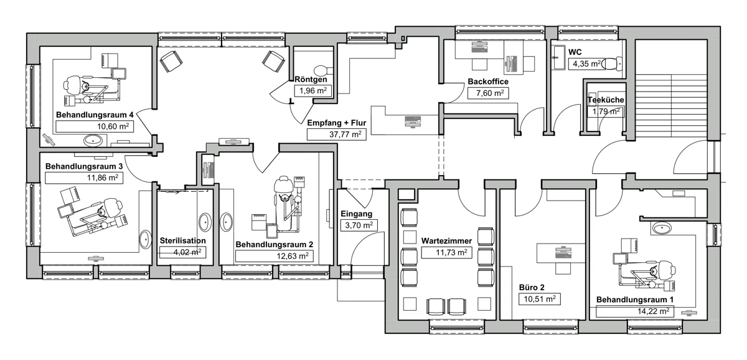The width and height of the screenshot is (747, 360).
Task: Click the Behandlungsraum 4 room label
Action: (95, 115)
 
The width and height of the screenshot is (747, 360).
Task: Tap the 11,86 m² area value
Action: (103, 178)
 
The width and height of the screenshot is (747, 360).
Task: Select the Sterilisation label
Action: (183, 240)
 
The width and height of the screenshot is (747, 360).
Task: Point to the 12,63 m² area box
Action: (275, 256)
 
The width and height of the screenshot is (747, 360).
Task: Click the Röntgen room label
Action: (311, 79)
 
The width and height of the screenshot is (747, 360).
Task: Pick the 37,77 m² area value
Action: (345, 134)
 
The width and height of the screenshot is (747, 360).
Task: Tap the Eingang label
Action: (357, 214)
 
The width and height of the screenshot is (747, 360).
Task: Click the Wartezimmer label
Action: (446, 240)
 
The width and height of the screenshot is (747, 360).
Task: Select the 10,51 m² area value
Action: (540, 298)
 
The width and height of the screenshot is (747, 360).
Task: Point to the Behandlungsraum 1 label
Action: (635, 300)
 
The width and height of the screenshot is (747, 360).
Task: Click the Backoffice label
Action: (488, 82)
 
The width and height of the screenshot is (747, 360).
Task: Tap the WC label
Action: (575, 52)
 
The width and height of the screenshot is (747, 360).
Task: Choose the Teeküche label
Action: (606, 100)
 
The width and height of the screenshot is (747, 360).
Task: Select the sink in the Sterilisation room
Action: (205, 222)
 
